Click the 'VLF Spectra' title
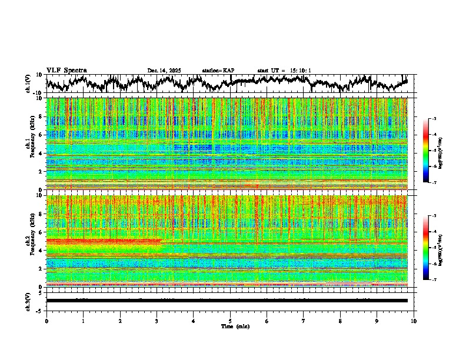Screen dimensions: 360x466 (x=66, y=70)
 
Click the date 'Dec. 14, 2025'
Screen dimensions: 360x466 (x=164, y=71)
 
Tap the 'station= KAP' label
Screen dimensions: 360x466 (x=218, y=71)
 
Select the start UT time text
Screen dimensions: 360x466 (x=284, y=71)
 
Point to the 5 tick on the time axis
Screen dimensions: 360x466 (x=230, y=321)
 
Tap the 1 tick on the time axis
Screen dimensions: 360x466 (x=83, y=321)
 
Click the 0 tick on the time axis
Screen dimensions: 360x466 (x=46, y=321)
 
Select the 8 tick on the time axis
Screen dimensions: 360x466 (x=340, y=321)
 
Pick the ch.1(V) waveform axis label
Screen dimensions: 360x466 (x=28, y=84)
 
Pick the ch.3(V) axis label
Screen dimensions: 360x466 (x=28, y=301)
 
